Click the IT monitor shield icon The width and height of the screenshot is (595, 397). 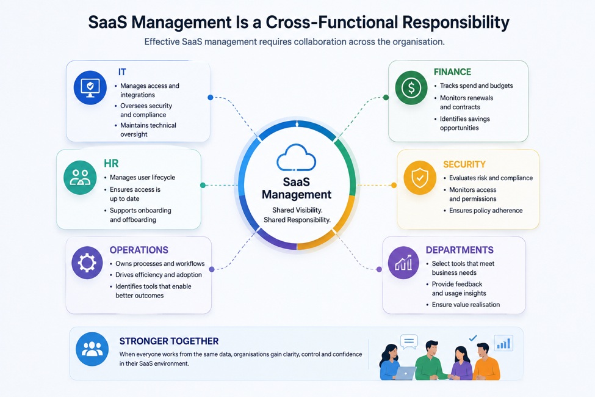pos(90,87)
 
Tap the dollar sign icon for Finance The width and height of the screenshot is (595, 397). pos(411,88)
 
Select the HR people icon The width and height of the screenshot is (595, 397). pos(80,177)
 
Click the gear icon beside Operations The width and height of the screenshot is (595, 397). pos(87,263)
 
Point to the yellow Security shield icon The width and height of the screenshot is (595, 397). pos(420,177)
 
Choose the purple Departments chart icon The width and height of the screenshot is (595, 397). pos(403,263)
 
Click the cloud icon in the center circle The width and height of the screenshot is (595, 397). pos(297,157)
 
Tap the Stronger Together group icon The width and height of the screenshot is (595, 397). pos(92,349)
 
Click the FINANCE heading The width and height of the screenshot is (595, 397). pos(452,72)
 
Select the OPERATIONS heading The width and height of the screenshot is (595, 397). pos(139,250)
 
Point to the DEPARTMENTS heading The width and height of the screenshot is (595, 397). pos(460,250)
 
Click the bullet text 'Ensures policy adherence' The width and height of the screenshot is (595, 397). pos(486,211)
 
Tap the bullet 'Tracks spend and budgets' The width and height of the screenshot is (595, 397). pos(476,86)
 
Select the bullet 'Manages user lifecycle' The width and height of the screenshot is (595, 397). pos(142,177)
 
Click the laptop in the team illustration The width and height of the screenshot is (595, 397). pos(405,373)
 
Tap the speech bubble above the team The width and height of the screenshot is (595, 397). pos(409,342)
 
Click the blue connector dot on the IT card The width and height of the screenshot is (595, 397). pos(210,98)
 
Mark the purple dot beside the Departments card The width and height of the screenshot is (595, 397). pos(379,269)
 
